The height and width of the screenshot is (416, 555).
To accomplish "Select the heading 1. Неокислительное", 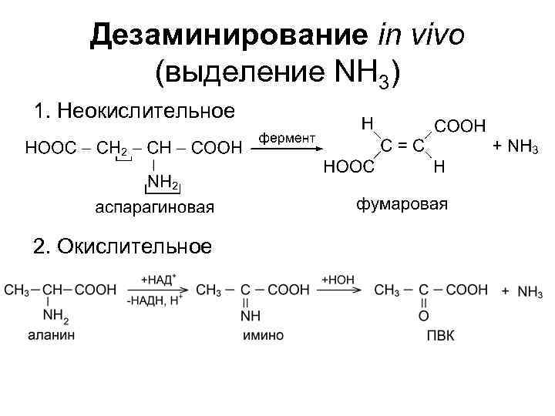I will (x=135, y=111).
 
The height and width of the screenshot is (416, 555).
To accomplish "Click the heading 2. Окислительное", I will (x=122, y=247).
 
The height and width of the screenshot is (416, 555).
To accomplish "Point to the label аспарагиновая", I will (x=155, y=208).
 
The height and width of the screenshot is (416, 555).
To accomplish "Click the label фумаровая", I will (x=401, y=204).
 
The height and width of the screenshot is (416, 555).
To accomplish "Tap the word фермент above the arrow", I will (x=286, y=137).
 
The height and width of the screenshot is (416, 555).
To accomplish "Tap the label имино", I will (x=262, y=335).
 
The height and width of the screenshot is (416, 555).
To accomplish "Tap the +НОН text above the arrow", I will (x=336, y=278).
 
